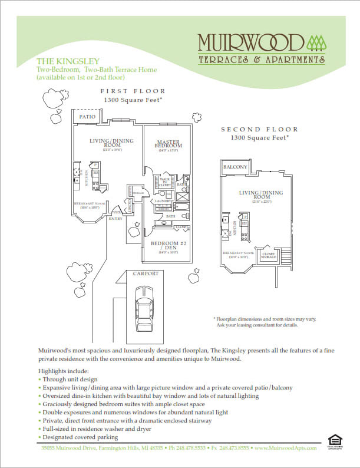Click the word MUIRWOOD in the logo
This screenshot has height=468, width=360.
250,43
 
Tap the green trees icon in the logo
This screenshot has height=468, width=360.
316,42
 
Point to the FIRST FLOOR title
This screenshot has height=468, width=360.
133,91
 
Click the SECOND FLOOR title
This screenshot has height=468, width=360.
259,129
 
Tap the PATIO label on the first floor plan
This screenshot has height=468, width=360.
87,117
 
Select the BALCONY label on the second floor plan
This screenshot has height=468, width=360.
235,167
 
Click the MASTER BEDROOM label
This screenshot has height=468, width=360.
168,143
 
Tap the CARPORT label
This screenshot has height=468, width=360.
145,273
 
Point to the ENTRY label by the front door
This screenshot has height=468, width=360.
115,218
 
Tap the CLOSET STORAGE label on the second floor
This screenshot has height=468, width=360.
269,256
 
